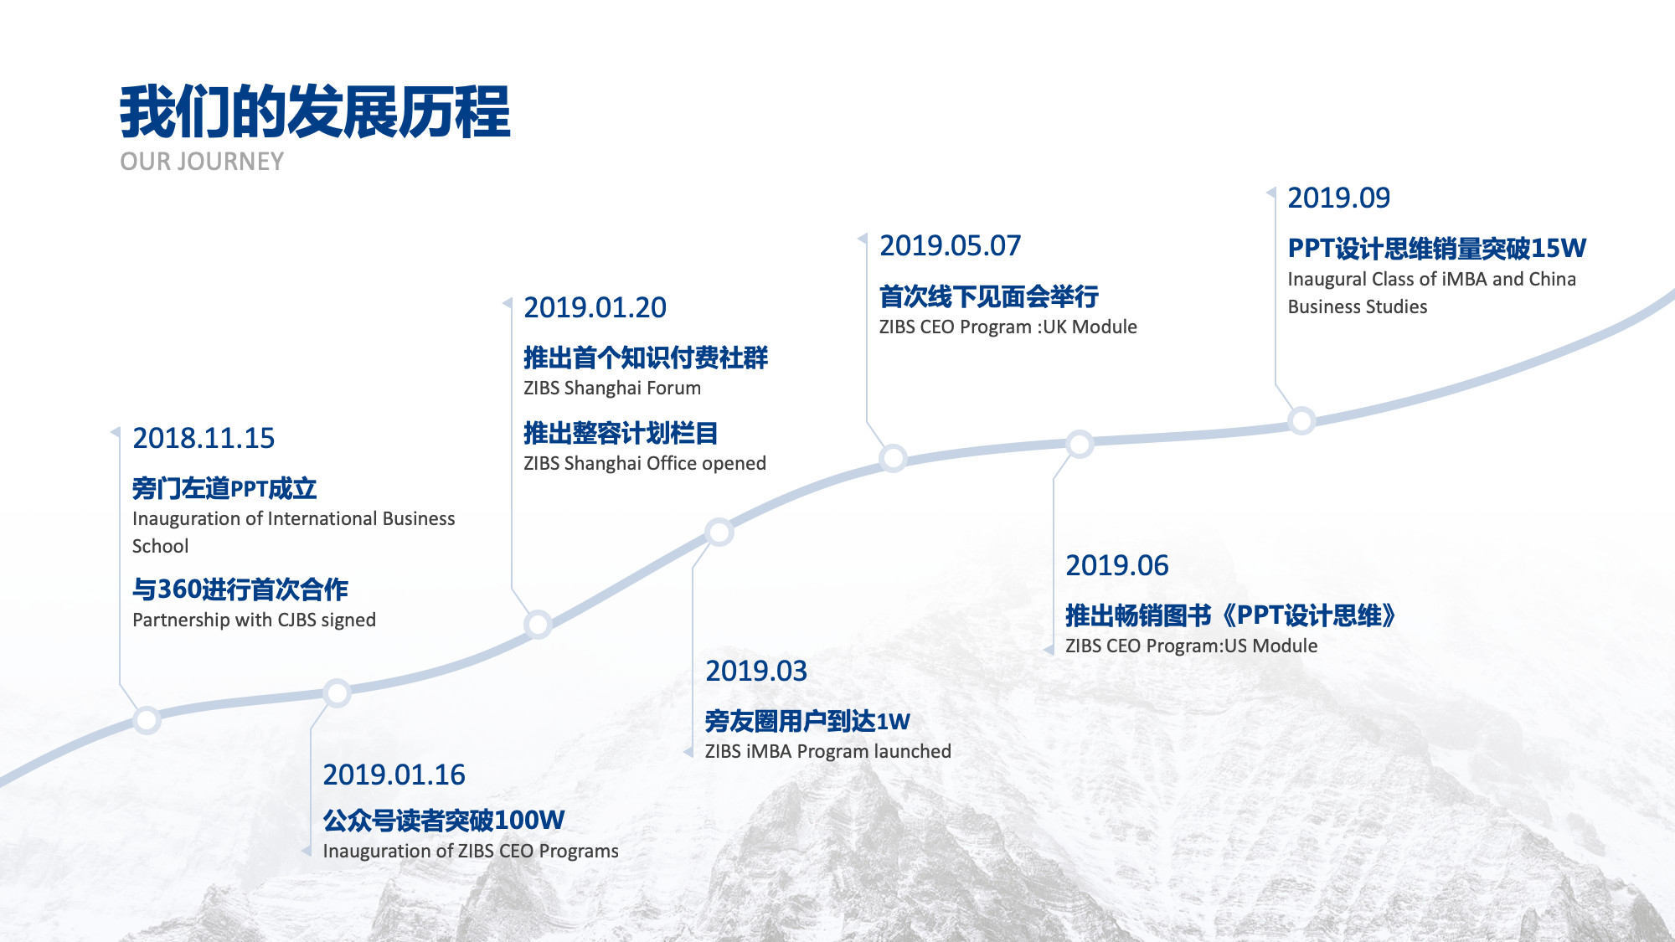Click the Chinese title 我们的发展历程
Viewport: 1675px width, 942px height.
click(315, 111)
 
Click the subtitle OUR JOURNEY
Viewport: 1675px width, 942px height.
click(202, 162)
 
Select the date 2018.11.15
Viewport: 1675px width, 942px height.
click(204, 438)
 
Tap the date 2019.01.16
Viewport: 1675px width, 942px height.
click(394, 775)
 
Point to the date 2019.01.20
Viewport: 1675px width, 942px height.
click(595, 307)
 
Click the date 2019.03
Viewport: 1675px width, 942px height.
click(756, 671)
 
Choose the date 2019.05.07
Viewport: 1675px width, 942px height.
click(950, 245)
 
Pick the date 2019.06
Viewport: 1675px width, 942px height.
click(1116, 565)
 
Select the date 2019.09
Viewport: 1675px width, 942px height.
click(1338, 198)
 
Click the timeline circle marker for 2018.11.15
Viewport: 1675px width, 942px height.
click(147, 720)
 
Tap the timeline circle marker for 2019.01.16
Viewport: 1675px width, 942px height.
click(337, 693)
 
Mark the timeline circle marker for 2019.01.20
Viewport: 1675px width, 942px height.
click(538, 624)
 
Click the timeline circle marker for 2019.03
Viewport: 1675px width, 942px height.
click(719, 532)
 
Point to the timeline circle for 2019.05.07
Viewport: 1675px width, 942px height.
click(894, 458)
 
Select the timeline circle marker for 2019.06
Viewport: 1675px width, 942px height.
click(1080, 444)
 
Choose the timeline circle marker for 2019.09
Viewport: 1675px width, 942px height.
click(1301, 420)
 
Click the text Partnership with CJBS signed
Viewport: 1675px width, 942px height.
click(254, 620)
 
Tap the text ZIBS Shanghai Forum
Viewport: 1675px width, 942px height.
click(612, 388)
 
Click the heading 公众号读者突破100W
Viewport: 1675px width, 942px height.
click(444, 820)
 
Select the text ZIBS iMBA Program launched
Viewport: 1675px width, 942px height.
click(827, 751)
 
